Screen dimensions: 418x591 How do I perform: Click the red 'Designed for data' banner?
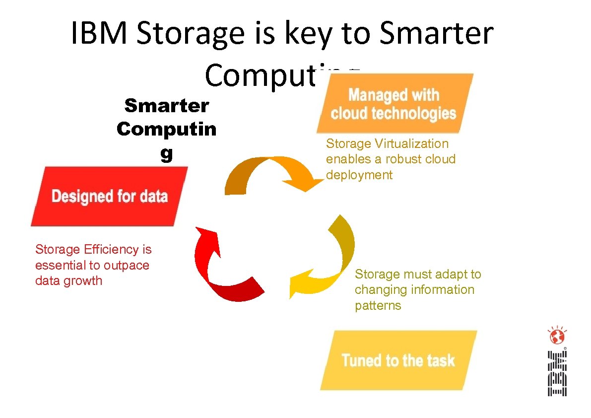(109, 196)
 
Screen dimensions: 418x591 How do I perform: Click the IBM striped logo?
(557, 374)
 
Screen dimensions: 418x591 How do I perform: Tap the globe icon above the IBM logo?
(557, 337)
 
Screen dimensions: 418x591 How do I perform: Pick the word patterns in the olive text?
(378, 305)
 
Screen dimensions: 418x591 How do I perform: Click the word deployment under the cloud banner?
(359, 175)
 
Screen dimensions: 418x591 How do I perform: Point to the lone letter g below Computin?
(166, 154)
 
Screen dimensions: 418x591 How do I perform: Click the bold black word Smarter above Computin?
(167, 105)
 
